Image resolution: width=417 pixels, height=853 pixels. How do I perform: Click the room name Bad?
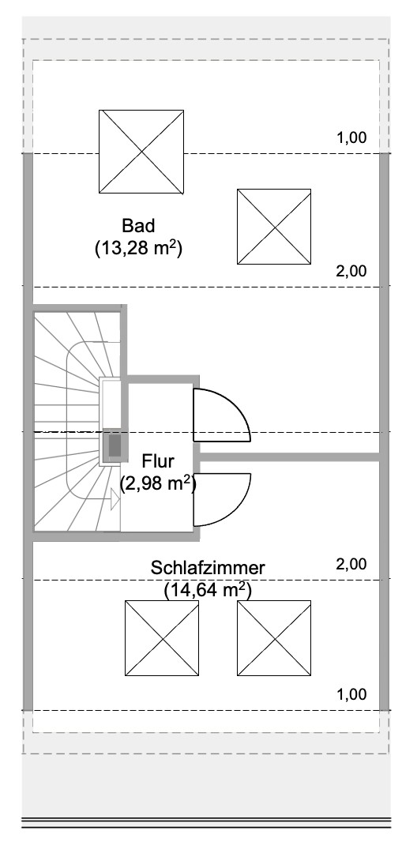click(138, 225)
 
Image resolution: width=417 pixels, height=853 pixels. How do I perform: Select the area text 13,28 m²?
click(138, 249)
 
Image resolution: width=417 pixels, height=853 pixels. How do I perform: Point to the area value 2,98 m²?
click(158, 483)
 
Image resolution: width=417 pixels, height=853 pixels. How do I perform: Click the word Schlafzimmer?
click(208, 568)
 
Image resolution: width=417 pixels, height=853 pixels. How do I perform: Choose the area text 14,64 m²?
click(208, 589)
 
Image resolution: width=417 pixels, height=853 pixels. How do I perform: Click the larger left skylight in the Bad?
click(141, 151)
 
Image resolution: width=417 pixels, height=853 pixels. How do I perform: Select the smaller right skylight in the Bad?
click(273, 226)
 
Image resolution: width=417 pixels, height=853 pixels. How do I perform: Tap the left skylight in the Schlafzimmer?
click(163, 637)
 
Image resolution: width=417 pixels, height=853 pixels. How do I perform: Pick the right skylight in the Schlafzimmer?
click(273, 637)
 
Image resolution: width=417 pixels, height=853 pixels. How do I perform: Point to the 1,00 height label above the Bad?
click(351, 137)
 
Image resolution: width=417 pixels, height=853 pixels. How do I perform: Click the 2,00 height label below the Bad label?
click(351, 271)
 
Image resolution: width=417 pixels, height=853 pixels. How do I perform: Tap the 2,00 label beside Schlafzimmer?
click(351, 564)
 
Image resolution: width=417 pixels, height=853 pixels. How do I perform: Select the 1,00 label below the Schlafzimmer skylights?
click(351, 695)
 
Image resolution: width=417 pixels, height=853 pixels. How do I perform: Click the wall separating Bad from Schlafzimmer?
click(288, 457)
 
